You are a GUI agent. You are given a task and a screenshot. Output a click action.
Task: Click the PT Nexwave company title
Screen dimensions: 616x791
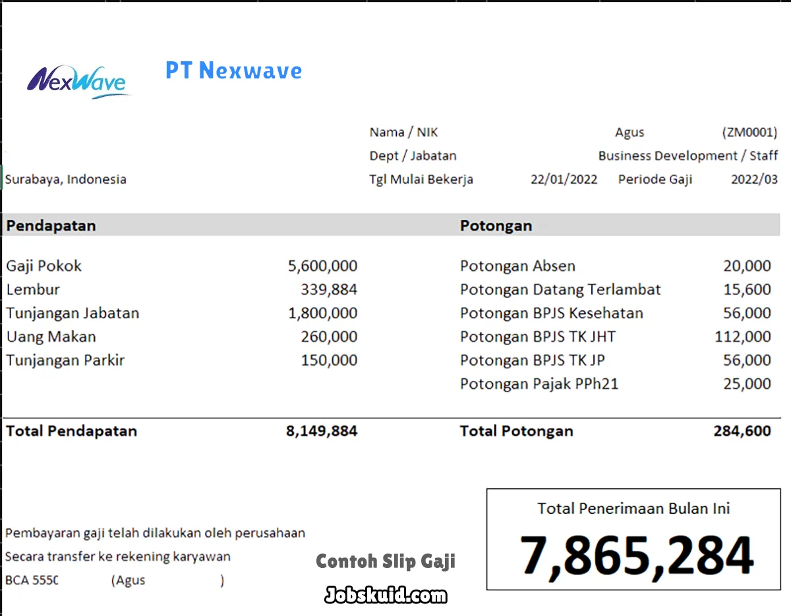(233, 70)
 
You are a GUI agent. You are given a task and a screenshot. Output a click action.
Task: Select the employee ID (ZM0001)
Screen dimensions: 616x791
(749, 132)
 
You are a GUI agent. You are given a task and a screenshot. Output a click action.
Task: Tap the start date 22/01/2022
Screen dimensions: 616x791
(564, 179)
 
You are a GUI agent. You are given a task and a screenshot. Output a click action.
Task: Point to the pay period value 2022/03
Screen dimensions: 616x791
(754, 179)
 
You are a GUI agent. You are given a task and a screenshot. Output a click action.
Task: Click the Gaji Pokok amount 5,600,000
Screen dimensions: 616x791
(322, 266)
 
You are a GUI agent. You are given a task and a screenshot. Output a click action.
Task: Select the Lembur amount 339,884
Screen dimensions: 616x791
(329, 290)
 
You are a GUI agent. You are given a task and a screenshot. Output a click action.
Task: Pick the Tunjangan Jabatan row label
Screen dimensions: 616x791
(73, 313)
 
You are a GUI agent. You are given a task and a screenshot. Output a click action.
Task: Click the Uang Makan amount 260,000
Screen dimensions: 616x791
(329, 337)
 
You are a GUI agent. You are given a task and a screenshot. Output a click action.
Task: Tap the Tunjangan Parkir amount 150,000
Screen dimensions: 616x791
(329, 360)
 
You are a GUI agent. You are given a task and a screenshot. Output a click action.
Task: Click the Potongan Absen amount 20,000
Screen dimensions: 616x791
(747, 266)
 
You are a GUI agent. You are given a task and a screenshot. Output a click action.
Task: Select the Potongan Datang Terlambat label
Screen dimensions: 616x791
(560, 290)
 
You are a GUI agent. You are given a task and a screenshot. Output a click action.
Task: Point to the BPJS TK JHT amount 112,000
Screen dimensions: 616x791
(742, 337)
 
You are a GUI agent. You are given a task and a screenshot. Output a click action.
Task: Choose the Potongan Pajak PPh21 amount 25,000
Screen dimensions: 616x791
(747, 383)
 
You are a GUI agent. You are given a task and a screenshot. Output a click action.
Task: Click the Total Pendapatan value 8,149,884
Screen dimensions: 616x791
(322, 432)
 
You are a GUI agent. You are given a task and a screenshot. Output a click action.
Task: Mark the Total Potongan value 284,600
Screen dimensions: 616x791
(742, 432)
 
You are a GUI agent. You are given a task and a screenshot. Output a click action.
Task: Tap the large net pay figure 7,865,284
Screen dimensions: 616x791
(636, 555)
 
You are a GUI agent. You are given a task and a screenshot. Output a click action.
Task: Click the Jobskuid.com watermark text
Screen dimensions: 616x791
(386, 596)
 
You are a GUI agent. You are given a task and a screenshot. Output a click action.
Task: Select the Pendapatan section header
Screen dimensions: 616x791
(51, 225)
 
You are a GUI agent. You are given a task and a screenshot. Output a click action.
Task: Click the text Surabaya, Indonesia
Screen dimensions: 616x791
(66, 179)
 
